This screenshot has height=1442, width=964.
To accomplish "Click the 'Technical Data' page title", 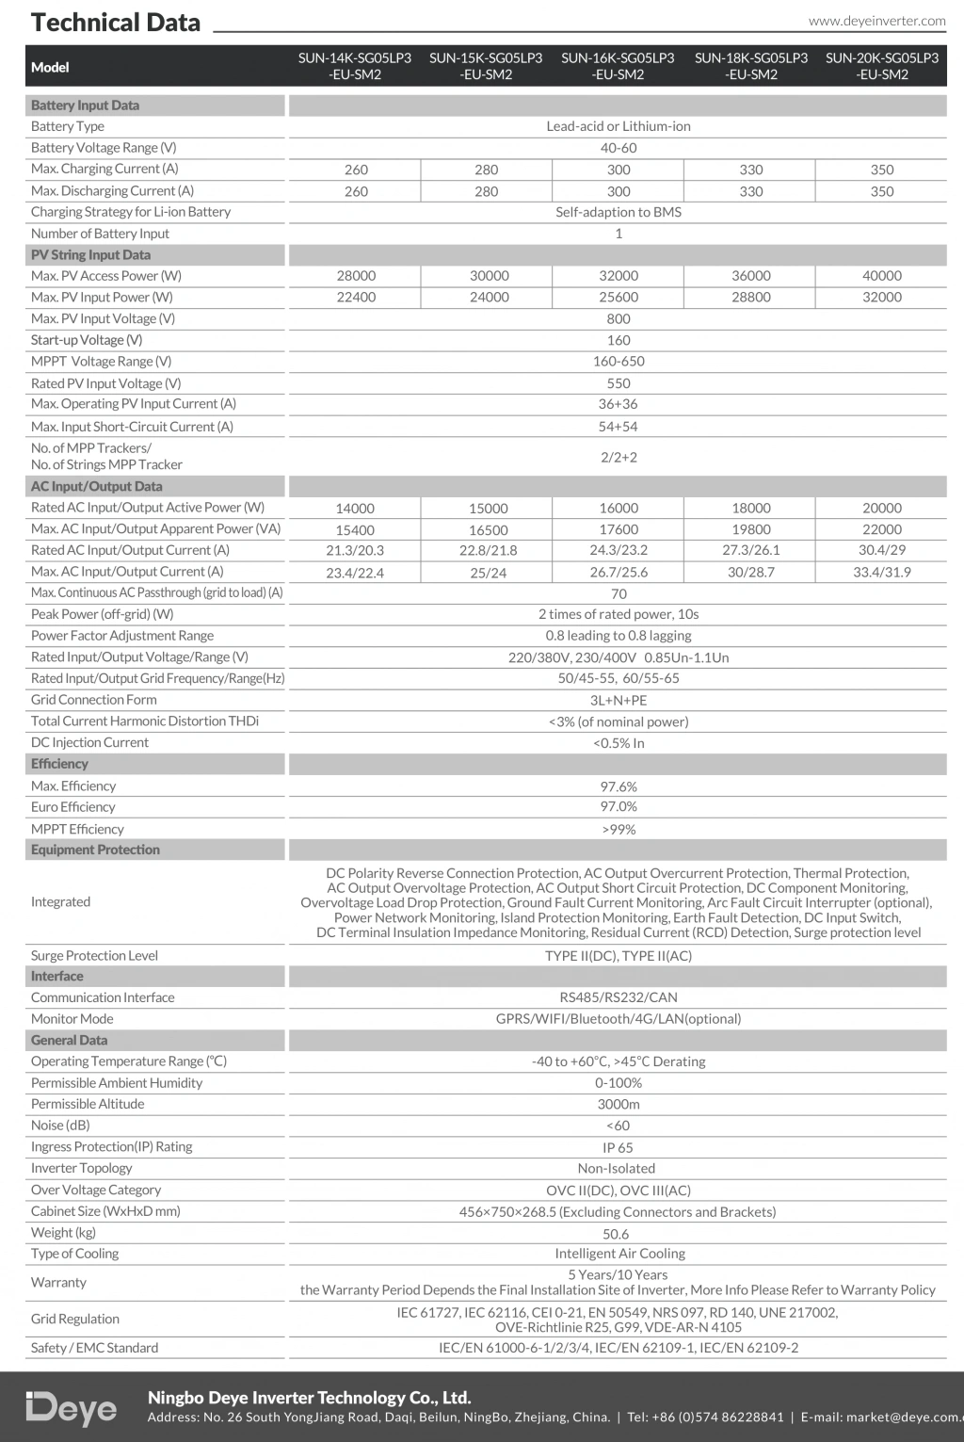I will coord(116,23).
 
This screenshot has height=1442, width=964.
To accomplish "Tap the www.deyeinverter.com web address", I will coord(876,21).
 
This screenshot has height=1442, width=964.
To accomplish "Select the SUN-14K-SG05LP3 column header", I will coord(355,66).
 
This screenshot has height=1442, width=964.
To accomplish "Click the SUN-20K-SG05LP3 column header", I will coord(882,66).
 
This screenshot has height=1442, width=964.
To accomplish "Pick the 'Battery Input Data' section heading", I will coord(85,105).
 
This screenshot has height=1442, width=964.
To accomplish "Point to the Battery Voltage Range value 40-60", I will coord(619,148).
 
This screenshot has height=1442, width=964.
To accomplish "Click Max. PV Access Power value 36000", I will coord(750,276).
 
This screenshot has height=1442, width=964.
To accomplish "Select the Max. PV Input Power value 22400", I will coord(356,298).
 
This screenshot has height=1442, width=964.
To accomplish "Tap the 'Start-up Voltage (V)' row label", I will coord(87,340).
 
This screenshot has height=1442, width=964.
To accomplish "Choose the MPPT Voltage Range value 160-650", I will coord(619,362).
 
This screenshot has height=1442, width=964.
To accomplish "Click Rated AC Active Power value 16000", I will coord(619,508).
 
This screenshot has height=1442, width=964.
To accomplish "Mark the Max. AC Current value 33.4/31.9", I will coord(882,572).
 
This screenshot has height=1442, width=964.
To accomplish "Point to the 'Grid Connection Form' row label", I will coord(94,700).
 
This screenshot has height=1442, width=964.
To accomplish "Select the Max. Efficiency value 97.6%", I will coord(619,786).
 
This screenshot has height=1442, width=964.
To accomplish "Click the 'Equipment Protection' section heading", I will coord(95,850).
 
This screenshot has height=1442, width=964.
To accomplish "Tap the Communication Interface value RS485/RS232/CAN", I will coord(619,997).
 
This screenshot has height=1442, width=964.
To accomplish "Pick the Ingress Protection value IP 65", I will coord(619,1147).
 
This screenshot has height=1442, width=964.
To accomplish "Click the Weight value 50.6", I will coord(616,1234).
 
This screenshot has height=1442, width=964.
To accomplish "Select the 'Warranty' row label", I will coord(58,1282).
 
